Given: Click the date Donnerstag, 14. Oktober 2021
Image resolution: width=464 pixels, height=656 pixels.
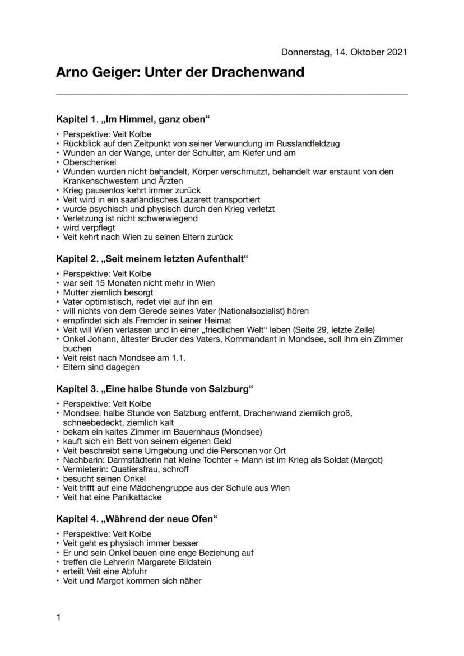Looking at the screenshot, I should pyautogui.click(x=344, y=52).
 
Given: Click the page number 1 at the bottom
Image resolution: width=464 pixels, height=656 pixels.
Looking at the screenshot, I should pyautogui.click(x=59, y=618).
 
